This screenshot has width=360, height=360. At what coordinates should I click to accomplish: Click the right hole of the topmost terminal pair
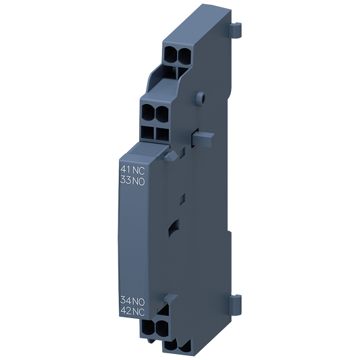(x=182, y=55)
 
